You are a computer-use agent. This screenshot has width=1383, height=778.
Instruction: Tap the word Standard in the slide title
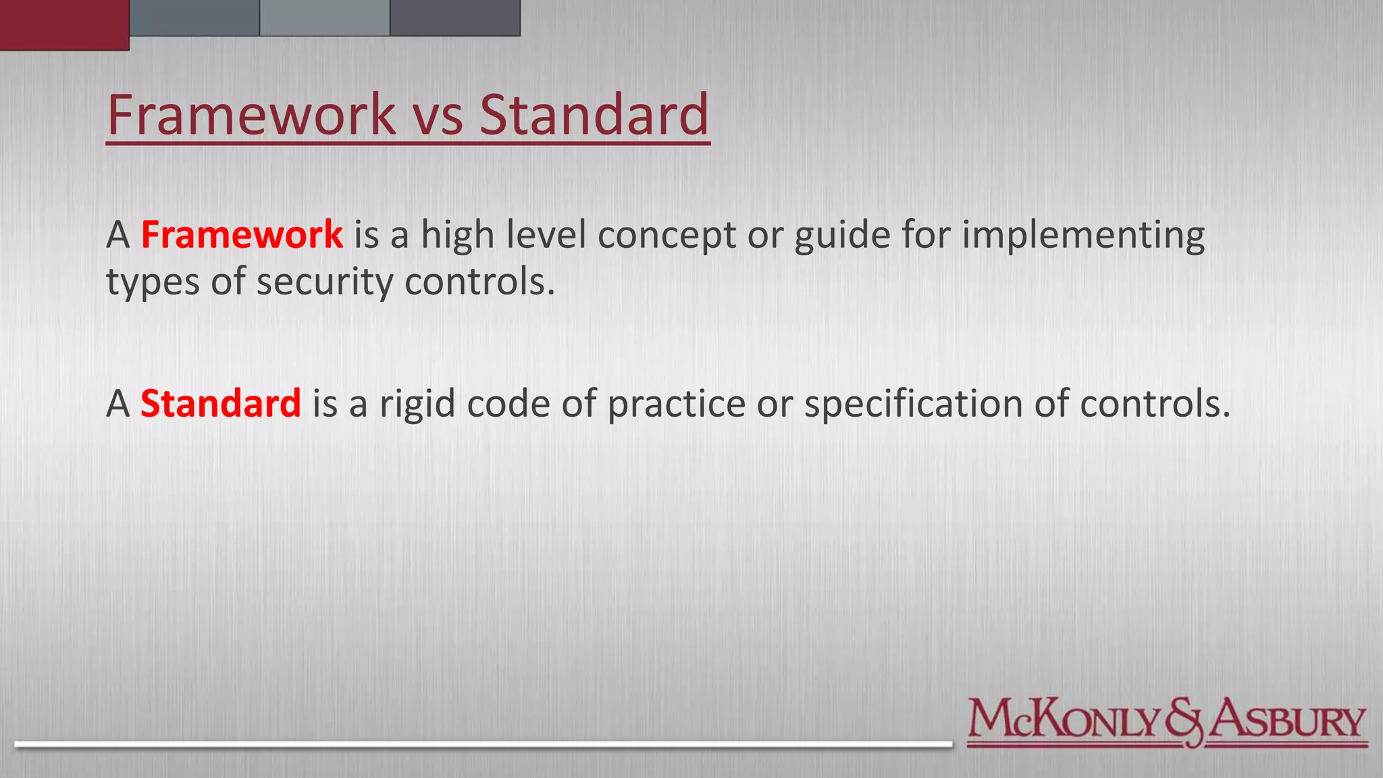(x=594, y=115)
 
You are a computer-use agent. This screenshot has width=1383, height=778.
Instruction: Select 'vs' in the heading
(x=438, y=116)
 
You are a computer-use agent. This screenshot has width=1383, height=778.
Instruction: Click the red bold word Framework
(x=242, y=235)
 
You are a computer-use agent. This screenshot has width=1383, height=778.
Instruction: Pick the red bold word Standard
(x=220, y=404)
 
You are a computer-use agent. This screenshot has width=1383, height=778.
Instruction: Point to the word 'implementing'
(x=1083, y=236)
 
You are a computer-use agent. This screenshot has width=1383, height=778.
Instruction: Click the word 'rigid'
(x=417, y=405)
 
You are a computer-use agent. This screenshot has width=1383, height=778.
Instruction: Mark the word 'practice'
(x=676, y=405)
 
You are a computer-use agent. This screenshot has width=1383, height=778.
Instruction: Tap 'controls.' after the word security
(x=479, y=282)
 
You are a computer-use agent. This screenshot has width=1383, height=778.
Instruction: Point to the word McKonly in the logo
(x=1064, y=720)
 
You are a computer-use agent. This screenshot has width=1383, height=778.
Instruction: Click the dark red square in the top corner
(x=64, y=24)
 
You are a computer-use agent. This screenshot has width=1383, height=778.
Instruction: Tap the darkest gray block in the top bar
(x=455, y=18)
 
